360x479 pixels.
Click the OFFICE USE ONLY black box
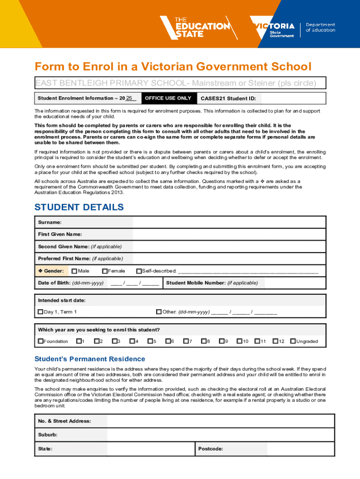[x=167, y=98]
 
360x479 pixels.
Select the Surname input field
[x=229, y=222]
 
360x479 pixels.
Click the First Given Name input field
[x=229, y=234]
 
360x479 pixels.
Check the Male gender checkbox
[x=74, y=271]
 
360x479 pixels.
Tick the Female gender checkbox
[x=105, y=271]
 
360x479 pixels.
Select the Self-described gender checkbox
[x=138, y=271]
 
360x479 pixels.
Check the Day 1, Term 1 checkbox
[x=40, y=312]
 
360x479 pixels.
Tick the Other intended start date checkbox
[x=158, y=312]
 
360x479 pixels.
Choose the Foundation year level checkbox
[x=40, y=341]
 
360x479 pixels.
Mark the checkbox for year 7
[x=186, y=341]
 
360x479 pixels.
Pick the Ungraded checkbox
[x=293, y=341]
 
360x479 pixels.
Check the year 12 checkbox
[x=275, y=341]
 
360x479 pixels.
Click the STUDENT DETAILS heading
[x=79, y=207]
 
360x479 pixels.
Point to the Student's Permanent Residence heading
[x=90, y=359]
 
